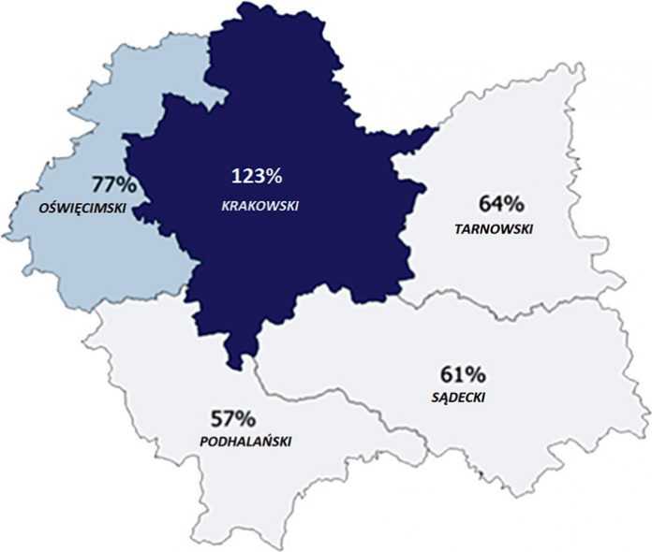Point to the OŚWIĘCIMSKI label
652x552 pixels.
tap(82, 207)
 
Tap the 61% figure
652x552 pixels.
tap(463, 375)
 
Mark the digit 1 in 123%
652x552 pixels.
tap(235, 176)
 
